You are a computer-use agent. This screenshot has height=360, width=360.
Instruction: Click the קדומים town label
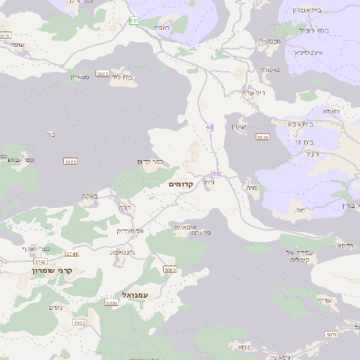(182, 184)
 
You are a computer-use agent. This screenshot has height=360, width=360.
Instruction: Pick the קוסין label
(238, 126)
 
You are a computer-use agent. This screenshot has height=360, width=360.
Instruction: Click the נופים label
(54, 307)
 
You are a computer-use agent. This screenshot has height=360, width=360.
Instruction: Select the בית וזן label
(302, 141)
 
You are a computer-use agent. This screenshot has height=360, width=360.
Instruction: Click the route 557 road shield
(134, 20)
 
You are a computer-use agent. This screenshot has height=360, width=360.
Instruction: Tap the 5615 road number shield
(103, 74)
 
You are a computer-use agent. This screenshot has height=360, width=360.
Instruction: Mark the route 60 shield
(209, 127)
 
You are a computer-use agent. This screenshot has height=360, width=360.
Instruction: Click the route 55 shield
(216, 173)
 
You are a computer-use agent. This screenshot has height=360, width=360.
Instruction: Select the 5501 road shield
(69, 161)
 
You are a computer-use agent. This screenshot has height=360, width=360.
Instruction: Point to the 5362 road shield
(79, 322)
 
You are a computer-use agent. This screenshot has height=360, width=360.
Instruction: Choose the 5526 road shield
(262, 137)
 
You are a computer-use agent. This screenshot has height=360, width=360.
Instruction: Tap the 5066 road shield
(168, 269)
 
